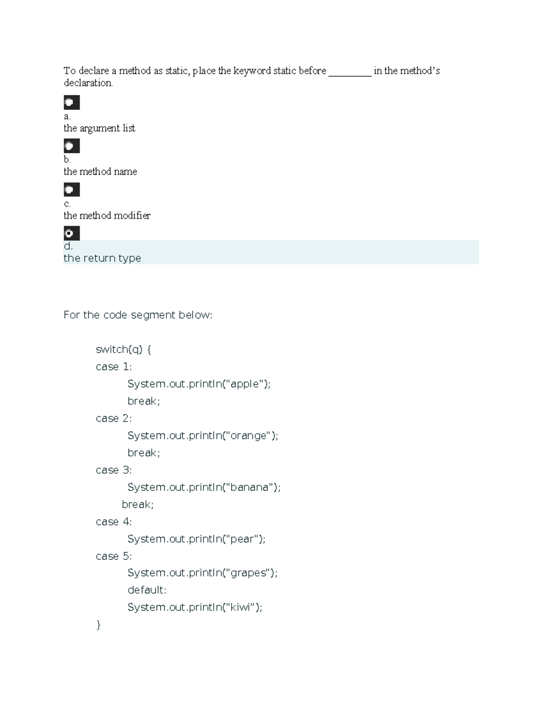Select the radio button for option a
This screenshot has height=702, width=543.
click(69, 103)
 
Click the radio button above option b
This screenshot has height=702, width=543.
click(69, 146)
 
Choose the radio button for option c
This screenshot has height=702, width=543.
click(69, 190)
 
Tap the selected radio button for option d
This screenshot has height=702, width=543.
click(69, 233)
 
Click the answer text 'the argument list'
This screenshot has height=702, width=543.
click(99, 128)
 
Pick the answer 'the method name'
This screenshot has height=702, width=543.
click(100, 171)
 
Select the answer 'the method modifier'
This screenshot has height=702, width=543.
click(107, 216)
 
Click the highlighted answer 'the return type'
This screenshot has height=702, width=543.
click(102, 258)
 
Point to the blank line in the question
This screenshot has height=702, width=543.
click(350, 76)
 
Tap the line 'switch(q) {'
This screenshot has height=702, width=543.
click(124, 349)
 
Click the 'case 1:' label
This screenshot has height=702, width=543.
click(114, 367)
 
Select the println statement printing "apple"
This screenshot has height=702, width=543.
click(199, 384)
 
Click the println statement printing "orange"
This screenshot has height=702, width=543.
click(203, 435)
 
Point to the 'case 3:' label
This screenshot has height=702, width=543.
click(114, 470)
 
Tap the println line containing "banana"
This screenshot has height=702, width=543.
click(204, 487)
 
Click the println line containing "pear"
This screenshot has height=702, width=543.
click(196, 539)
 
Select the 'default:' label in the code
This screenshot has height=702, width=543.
click(147, 590)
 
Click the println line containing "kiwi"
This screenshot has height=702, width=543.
click(195, 608)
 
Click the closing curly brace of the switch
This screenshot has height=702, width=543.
click(99, 625)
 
